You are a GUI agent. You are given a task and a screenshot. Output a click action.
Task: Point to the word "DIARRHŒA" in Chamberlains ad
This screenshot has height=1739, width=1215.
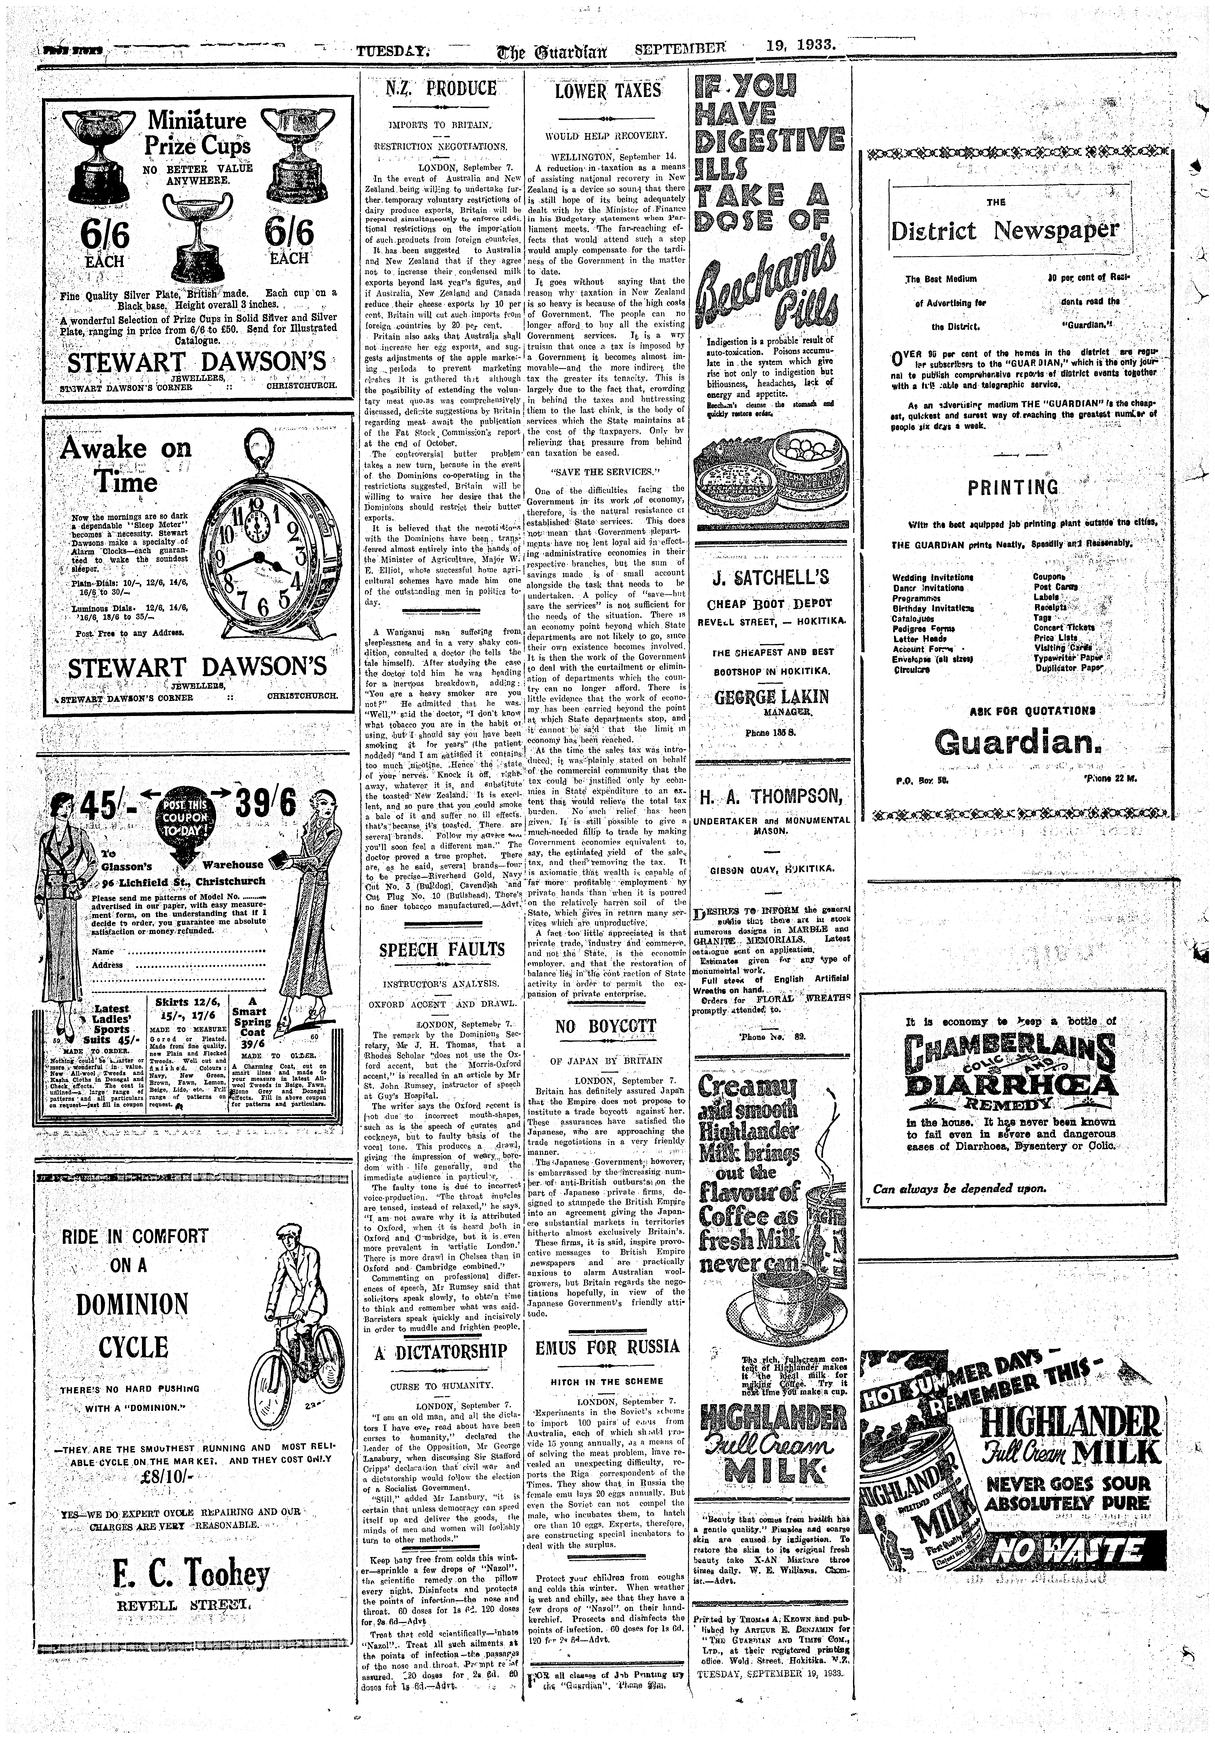(1010, 1085)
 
